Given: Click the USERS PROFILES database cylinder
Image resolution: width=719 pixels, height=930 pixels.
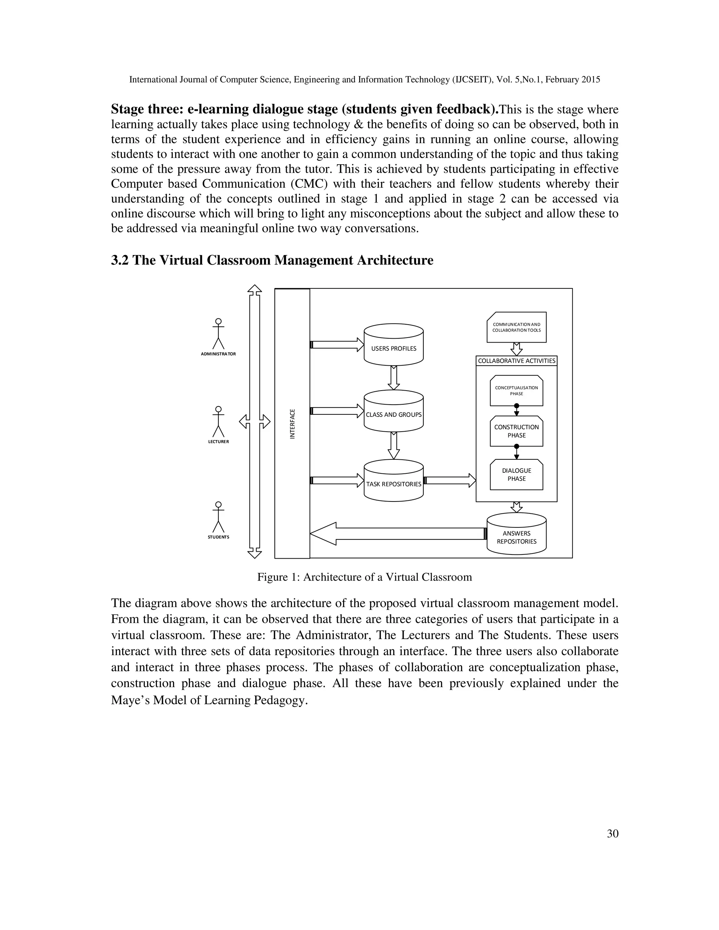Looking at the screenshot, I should pyautogui.click(x=394, y=345).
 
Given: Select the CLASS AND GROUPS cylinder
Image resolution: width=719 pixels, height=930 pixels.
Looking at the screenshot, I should pyautogui.click(x=394, y=411).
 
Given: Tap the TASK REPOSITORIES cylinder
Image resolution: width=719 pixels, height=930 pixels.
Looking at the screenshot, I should pyautogui.click(x=394, y=481).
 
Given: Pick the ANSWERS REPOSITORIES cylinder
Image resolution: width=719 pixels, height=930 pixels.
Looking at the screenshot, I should pyautogui.click(x=516, y=534).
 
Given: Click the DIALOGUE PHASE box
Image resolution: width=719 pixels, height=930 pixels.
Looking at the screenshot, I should pyautogui.click(x=516, y=474).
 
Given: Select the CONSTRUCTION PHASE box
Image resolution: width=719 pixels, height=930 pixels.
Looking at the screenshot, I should pyautogui.click(x=516, y=431).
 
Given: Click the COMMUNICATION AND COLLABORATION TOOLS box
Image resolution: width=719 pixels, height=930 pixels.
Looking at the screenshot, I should pyautogui.click(x=516, y=327).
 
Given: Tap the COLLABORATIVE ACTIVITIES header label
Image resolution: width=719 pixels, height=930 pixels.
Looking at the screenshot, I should pyautogui.click(x=516, y=361).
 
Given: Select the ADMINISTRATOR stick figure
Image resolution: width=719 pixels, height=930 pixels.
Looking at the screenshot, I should pyautogui.click(x=218, y=334).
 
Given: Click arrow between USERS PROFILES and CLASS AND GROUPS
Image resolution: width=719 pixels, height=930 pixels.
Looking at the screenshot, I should pyautogui.click(x=394, y=378).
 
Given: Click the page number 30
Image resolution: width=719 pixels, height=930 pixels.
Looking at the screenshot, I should pyautogui.click(x=612, y=834).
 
